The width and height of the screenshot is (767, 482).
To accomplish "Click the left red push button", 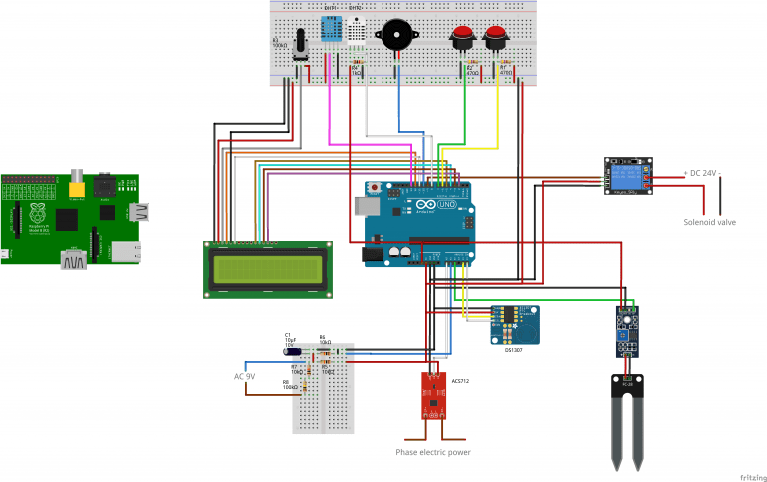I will pos(462,39).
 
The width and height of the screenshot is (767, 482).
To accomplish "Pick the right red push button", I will pos(495,39).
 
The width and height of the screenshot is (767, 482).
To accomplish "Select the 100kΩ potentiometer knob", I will pos(300,48).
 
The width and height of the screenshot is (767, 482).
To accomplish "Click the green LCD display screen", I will pos(268,268).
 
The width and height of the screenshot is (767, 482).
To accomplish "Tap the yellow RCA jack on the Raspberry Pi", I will pos(75,186).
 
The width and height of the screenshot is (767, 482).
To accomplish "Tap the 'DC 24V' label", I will pos(702,173).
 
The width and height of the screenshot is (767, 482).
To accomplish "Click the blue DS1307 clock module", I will pos(515,323).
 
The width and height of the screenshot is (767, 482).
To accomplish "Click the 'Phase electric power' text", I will pos(432,452).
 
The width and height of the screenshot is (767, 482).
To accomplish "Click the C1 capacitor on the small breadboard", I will pos(292,349).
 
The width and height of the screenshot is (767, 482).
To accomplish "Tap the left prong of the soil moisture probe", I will pos(616,424).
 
